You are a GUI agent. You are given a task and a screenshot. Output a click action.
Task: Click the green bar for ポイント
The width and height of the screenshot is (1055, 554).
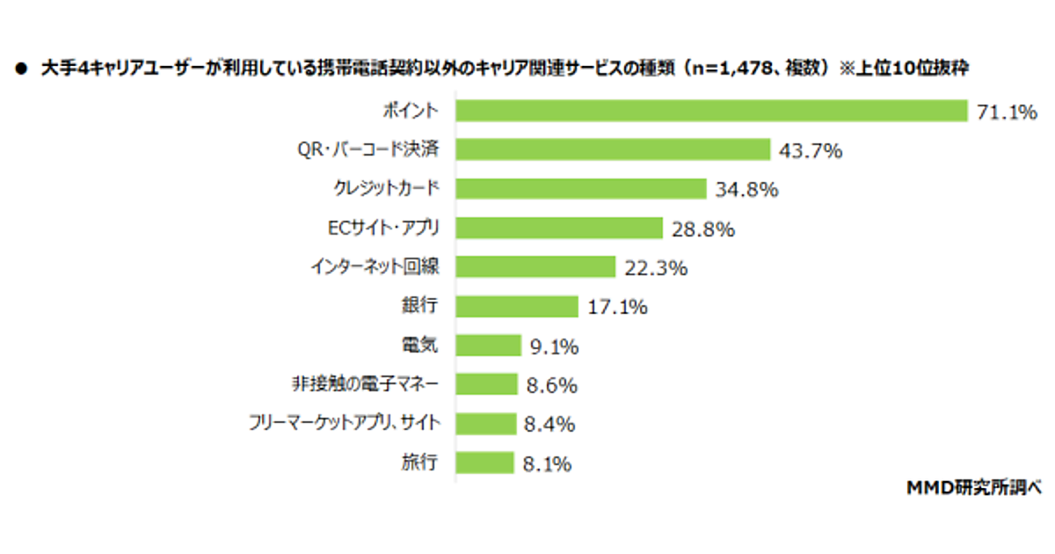tap(711, 111)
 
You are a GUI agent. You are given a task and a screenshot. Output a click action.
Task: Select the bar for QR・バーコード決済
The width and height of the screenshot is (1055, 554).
tap(613, 149)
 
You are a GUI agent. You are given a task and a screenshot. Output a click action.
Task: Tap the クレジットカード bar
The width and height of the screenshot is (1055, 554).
tap(581, 189)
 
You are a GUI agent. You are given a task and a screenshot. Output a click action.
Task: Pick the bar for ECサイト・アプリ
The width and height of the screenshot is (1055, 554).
tap(559, 228)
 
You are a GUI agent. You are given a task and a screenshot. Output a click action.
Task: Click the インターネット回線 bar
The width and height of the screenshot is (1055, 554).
tap(535, 267)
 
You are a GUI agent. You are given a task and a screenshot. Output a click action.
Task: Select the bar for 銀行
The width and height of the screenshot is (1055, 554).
tap(517, 306)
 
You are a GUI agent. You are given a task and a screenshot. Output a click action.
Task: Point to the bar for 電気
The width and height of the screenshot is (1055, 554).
tap(488, 346)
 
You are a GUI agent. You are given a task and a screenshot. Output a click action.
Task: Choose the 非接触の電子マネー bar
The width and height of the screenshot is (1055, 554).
tap(486, 384)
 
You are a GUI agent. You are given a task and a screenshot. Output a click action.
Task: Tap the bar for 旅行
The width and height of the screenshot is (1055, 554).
tap(484, 463)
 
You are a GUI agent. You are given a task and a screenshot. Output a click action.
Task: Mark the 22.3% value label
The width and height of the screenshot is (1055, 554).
tap(655, 268)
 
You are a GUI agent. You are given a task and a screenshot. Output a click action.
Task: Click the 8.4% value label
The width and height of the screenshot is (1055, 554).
tap(549, 425)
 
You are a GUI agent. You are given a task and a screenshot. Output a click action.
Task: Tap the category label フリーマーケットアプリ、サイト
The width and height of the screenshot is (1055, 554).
tap(346, 424)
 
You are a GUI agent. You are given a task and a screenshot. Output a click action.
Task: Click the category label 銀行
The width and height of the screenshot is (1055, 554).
tap(421, 306)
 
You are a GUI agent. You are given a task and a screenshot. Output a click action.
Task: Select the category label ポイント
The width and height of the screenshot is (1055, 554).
tap(410, 111)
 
